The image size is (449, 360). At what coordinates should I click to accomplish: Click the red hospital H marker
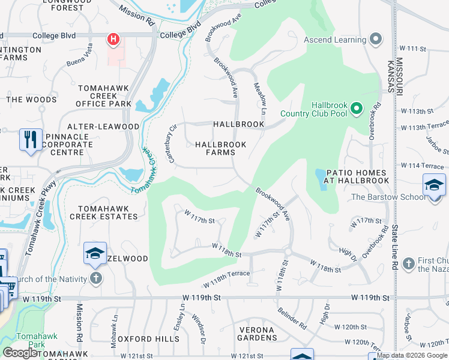click(x=113, y=40)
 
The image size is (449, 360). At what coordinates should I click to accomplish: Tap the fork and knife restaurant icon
click(x=30, y=139)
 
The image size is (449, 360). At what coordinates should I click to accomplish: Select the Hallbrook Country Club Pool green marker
click(x=357, y=109)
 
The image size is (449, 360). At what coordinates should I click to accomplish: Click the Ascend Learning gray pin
click(x=376, y=40)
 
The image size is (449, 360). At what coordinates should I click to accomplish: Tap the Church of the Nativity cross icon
click(x=95, y=278)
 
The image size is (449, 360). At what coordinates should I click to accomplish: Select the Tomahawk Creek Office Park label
click(x=104, y=96)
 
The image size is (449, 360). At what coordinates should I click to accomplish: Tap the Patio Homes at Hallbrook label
click(x=358, y=176)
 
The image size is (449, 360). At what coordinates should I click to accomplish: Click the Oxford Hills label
click(x=148, y=339)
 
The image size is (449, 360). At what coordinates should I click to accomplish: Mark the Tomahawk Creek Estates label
click(x=103, y=212)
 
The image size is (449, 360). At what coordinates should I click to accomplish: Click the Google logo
click(x=20, y=353)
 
